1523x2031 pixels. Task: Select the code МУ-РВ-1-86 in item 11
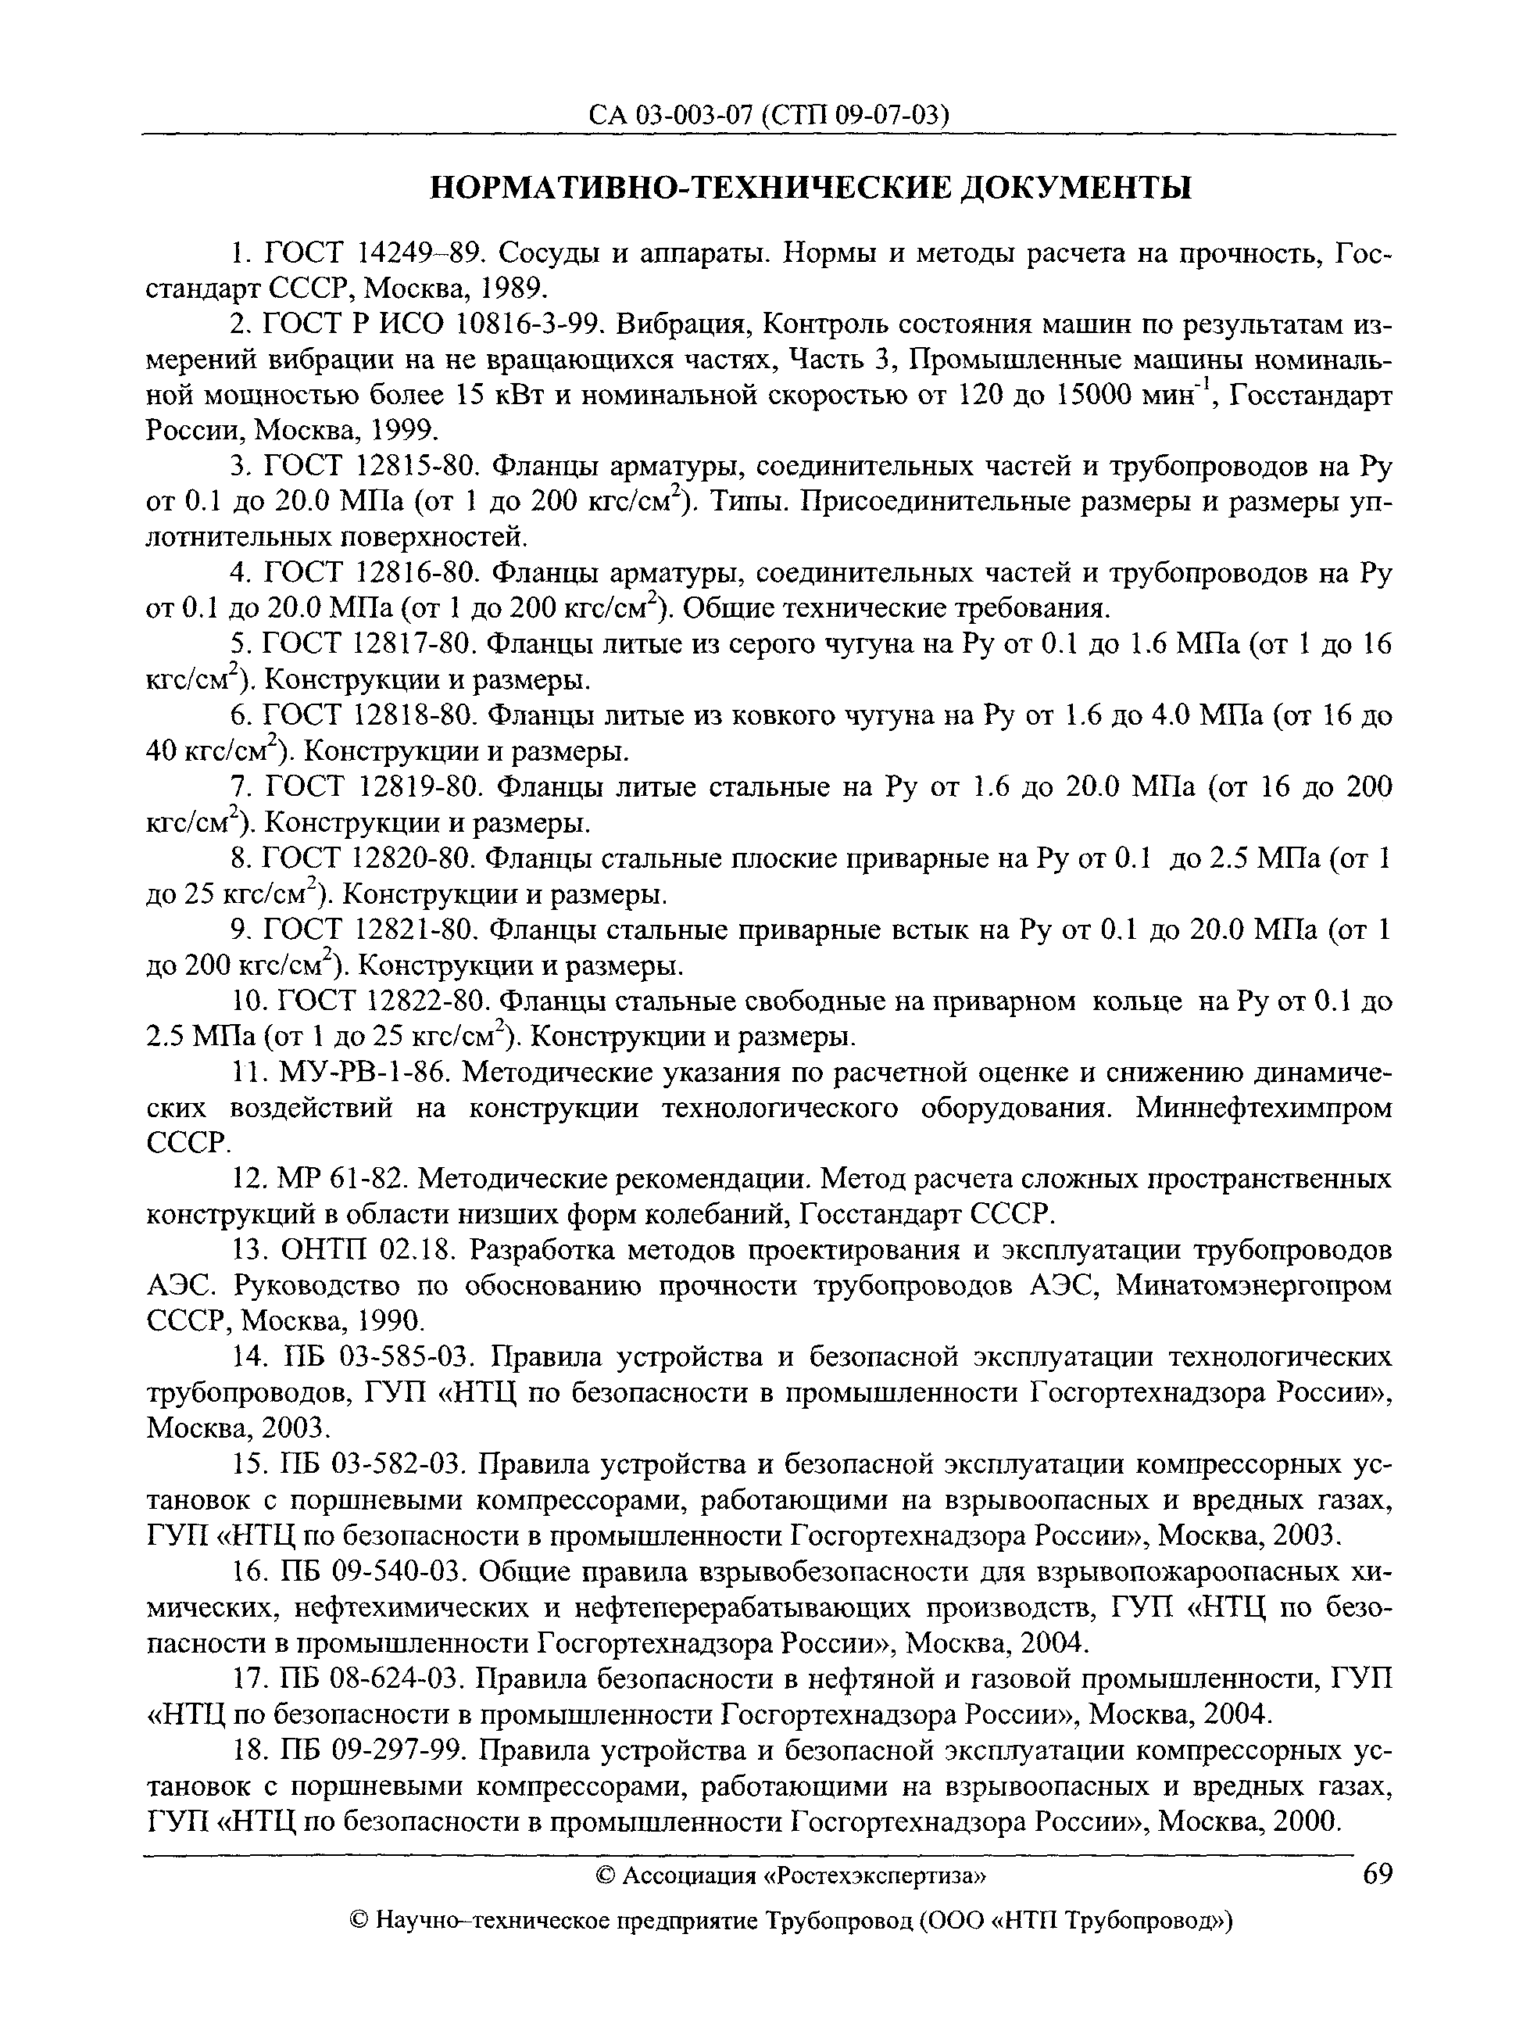tap(363, 1073)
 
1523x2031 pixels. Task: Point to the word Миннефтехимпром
tap(1264, 1109)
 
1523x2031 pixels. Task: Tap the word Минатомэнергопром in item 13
tap(1254, 1286)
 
